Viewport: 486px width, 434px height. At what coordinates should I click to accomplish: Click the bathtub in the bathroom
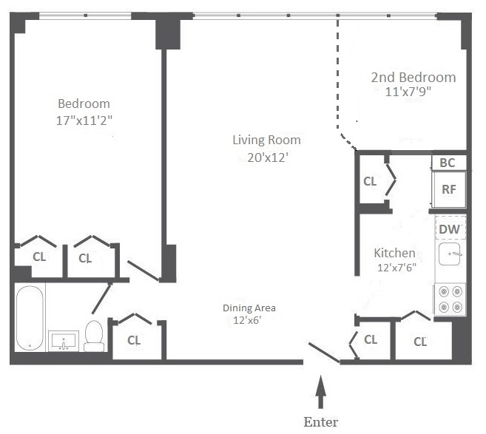click(30, 318)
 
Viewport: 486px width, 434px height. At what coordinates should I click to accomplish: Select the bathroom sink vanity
click(64, 341)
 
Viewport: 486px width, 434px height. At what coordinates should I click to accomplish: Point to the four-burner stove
click(450, 299)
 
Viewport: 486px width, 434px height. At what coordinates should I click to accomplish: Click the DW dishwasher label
click(449, 229)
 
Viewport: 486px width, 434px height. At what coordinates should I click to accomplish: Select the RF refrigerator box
click(449, 189)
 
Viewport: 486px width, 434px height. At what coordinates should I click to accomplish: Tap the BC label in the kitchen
click(448, 163)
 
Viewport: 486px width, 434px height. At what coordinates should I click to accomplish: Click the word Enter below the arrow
click(321, 422)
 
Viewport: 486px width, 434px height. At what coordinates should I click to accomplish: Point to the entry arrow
click(321, 392)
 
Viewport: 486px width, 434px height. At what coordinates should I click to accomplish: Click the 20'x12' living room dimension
click(268, 158)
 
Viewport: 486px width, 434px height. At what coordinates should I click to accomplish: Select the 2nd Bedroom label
click(414, 78)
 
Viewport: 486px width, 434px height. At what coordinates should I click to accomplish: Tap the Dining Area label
click(249, 308)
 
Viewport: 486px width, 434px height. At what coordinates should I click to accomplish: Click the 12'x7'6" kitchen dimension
click(396, 268)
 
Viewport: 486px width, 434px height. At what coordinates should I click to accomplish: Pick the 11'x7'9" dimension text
click(408, 92)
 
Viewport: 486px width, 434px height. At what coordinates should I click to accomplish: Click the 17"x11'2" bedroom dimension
click(84, 121)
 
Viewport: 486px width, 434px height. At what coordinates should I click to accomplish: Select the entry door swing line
click(324, 353)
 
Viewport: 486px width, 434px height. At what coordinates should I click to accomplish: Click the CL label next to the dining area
click(134, 340)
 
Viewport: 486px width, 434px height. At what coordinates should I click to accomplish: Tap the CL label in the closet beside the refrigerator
click(370, 181)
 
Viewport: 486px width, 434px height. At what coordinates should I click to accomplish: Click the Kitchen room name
click(394, 253)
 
